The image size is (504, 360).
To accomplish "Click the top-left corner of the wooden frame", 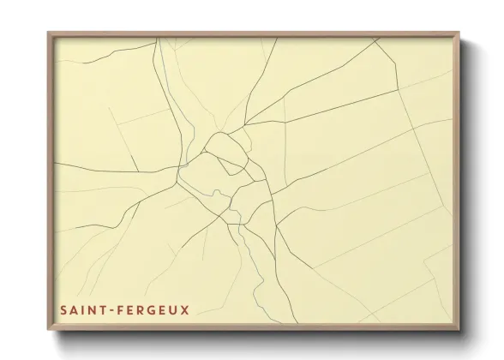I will (48, 32).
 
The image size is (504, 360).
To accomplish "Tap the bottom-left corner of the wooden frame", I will (48, 329).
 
